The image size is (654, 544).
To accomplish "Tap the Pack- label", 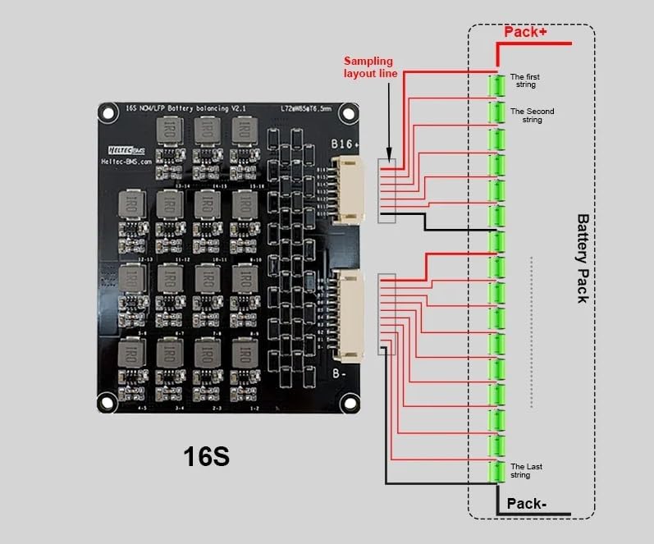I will (526, 503).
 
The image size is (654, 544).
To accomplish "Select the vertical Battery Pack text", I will (582, 258).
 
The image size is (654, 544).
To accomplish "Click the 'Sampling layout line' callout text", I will (370, 67).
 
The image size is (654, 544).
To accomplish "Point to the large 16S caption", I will (205, 457).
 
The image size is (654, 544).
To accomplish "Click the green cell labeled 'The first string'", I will (496, 85).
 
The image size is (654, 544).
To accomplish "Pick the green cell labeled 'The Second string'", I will (496, 111).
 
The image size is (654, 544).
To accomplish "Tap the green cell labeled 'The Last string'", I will (496, 473).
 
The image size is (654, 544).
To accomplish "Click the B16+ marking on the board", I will (345, 144).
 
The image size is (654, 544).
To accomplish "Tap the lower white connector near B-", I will (349, 317).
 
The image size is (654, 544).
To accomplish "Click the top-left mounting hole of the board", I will (107, 113).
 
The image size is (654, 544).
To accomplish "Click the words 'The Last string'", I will (526, 471).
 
